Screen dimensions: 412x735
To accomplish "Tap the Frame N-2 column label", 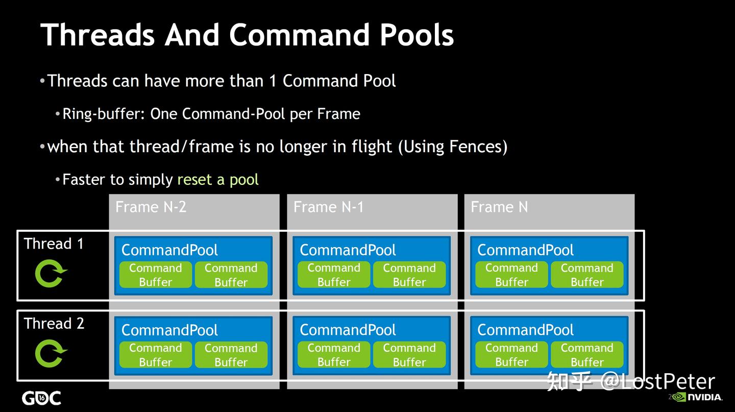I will [151, 207].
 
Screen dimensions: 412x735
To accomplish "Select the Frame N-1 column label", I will [328, 207].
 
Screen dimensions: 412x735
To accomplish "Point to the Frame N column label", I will [499, 207].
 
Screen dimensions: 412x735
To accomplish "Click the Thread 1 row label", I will [54, 244].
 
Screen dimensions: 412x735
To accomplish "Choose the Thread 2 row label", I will [54, 324].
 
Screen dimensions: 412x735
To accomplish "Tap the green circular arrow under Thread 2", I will [51, 353].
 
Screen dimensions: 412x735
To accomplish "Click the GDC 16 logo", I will [41, 398].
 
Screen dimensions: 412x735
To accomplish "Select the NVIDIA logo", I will [698, 397].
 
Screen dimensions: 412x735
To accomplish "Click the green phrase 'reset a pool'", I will [218, 180].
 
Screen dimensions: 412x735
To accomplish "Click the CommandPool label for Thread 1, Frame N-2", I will [169, 250].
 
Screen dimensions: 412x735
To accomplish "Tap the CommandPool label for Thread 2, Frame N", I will [525, 330].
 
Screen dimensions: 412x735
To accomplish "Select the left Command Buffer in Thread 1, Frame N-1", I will [334, 275].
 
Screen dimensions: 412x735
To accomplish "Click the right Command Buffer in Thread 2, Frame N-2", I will [231, 355].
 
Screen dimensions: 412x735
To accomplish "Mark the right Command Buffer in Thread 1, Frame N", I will [587, 275].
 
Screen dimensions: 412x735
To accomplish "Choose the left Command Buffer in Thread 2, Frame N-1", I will [334, 355].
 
